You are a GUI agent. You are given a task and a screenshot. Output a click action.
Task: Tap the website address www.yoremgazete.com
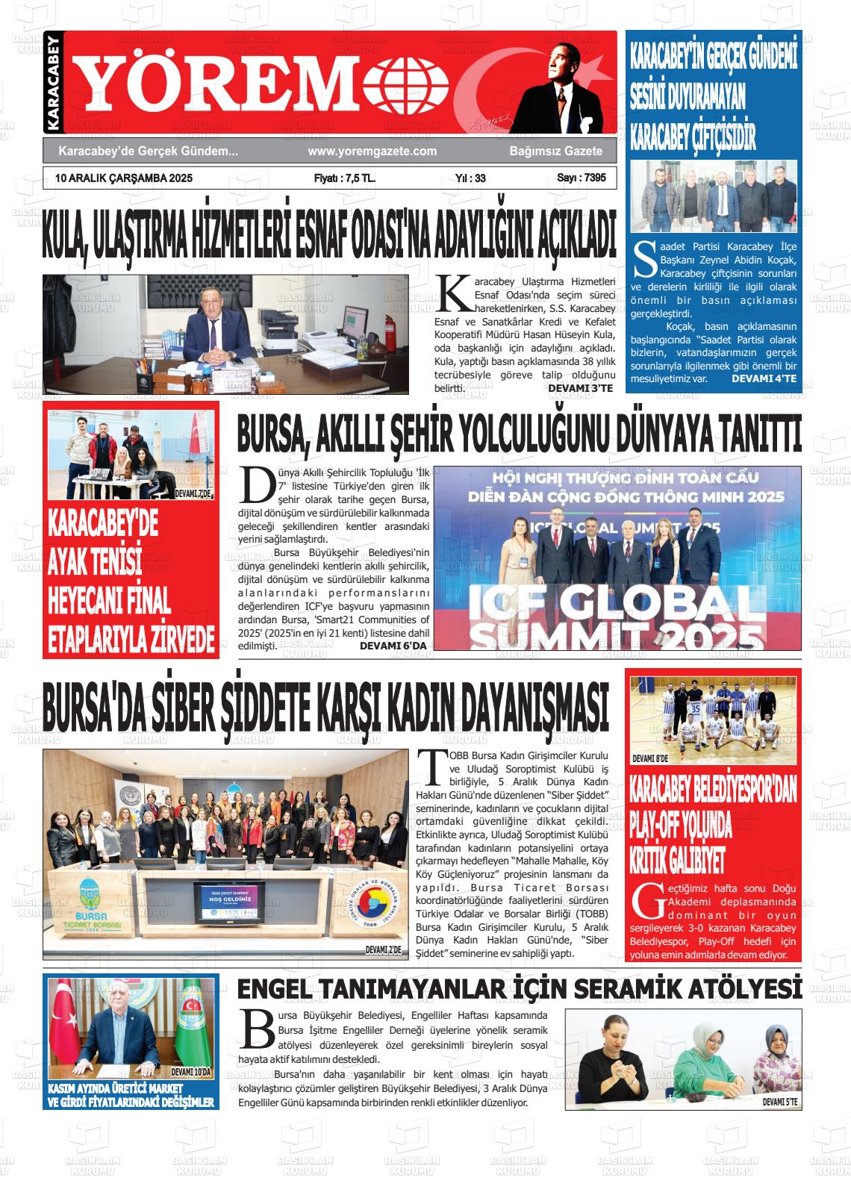point(372,152)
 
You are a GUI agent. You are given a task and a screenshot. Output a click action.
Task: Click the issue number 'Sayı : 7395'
point(581,178)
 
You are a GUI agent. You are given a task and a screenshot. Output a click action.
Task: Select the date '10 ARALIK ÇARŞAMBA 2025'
point(119,178)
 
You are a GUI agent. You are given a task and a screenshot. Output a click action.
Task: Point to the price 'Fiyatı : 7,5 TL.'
point(345,178)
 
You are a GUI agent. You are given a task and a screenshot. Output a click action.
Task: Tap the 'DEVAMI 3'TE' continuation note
point(580,389)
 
